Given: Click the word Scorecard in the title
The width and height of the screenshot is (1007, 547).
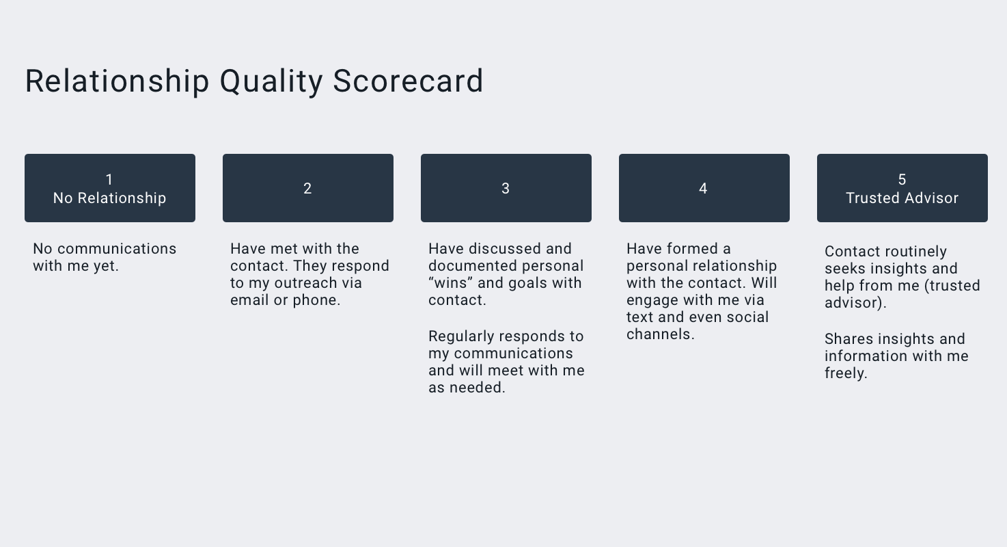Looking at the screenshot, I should tap(408, 81).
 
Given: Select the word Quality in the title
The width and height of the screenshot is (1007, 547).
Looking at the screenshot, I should tap(271, 81).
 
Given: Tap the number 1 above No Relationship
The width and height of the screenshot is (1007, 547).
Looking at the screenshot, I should tap(109, 179).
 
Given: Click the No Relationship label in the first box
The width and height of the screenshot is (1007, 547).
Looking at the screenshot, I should tap(110, 198).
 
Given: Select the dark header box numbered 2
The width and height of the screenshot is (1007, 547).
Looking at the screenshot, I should tap(307, 188).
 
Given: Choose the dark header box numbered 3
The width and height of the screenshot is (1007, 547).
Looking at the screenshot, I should tap(506, 188).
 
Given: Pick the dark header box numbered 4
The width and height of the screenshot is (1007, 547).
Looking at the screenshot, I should tap(704, 188).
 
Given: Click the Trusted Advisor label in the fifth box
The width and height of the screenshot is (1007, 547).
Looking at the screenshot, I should tap(902, 198).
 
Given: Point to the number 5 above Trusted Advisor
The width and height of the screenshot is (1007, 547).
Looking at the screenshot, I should tap(902, 179).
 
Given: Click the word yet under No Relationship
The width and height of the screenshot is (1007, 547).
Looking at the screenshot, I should tap(105, 267).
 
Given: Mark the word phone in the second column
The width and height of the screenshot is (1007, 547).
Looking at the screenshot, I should tap(320, 300).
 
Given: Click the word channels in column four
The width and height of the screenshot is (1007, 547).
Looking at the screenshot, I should tap(660, 334).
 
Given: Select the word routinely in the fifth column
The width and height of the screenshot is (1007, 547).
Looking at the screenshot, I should tap(914, 252).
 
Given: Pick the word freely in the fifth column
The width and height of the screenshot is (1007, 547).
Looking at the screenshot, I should tap(846, 373).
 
